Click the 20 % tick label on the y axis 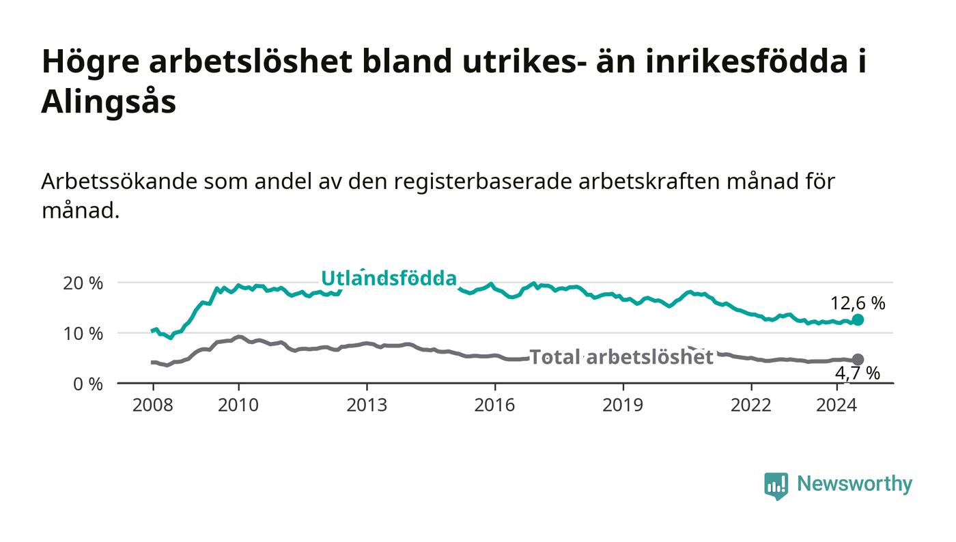[x=83, y=283]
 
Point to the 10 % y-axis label [x=83, y=334]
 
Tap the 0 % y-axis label [x=88, y=384]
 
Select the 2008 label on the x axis [x=153, y=405]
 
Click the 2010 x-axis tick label [x=238, y=405]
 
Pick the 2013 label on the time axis [x=367, y=405]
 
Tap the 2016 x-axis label [x=494, y=405]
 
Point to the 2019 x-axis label [x=623, y=405]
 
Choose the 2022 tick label [x=751, y=405]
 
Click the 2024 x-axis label [x=836, y=405]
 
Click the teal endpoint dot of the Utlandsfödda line [x=858, y=319]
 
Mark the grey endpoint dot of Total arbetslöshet [x=858, y=359]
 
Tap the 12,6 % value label [x=858, y=304]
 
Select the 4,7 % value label [x=858, y=373]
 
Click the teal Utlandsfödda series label [x=389, y=279]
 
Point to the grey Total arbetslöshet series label [x=621, y=357]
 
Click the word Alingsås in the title [x=109, y=102]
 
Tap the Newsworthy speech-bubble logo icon [x=776, y=486]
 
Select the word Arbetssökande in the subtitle [x=119, y=182]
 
